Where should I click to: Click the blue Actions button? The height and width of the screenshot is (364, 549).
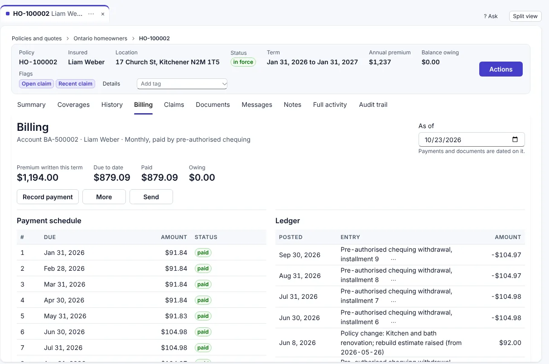(x=501, y=69)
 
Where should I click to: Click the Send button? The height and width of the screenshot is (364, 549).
(x=151, y=196)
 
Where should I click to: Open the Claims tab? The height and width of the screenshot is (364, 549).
(x=174, y=105)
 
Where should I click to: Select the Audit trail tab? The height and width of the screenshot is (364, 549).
(x=373, y=105)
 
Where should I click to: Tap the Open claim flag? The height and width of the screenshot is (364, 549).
(x=36, y=84)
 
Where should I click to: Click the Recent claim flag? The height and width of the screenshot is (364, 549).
(x=75, y=84)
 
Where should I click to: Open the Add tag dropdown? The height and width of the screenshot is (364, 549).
(x=182, y=84)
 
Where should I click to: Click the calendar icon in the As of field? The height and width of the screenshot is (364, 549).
(x=515, y=139)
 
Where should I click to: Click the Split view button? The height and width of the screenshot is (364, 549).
(x=525, y=16)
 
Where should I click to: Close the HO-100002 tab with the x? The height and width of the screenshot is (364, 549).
(x=103, y=14)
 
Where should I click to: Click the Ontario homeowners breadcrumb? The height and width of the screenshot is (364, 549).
(x=100, y=38)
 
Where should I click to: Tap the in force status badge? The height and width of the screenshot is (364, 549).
(x=243, y=62)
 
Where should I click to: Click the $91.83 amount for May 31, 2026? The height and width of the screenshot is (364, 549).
(x=176, y=316)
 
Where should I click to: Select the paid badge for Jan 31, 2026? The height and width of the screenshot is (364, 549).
(x=203, y=253)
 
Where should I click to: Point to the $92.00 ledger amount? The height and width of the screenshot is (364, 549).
(x=510, y=343)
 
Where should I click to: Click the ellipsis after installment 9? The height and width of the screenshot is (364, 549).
(x=393, y=259)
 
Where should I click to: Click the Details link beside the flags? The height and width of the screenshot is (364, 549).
(x=111, y=84)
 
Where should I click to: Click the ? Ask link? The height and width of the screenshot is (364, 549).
(x=491, y=16)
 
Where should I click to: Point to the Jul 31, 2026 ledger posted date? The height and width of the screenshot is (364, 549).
(x=298, y=297)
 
